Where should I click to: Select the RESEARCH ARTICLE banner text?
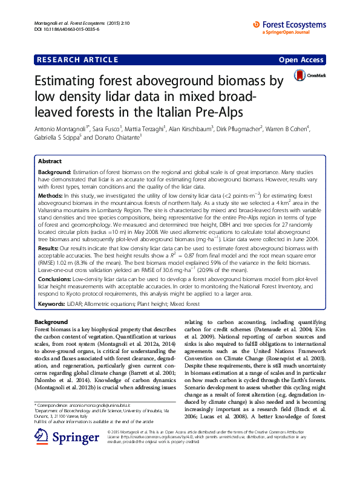coord(77,60)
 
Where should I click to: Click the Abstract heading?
coord(50,162)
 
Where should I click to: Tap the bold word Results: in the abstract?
coord(48,248)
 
